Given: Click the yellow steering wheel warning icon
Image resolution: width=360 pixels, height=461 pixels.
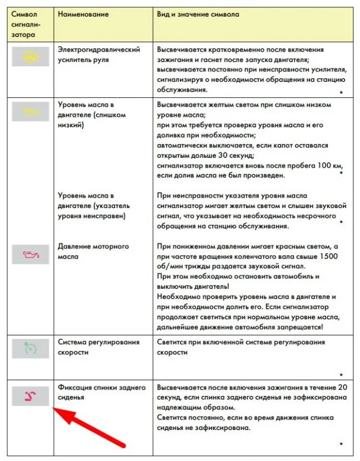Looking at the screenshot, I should tap(31, 56).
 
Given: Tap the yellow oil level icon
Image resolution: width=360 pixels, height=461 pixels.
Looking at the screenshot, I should tap(31, 111).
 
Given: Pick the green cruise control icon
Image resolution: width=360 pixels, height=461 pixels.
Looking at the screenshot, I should tap(31, 348).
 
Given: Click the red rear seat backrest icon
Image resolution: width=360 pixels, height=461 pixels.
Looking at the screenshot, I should tap(31, 395).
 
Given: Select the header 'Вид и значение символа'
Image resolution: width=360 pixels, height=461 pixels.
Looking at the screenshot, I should tap(198, 14).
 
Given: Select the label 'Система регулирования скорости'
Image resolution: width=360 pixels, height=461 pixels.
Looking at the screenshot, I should tap(99, 347).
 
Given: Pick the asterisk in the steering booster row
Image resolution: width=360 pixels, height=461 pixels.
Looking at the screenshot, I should tap(341, 92).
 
